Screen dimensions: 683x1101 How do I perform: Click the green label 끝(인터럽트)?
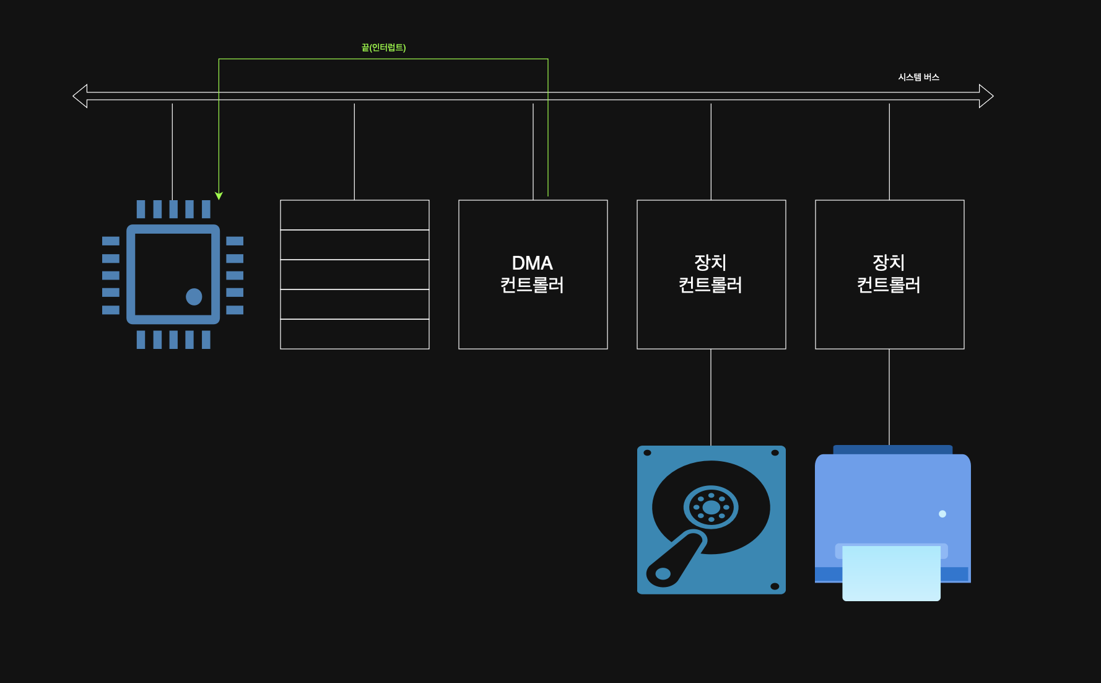point(383,48)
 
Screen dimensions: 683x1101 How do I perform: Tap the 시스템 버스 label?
point(918,77)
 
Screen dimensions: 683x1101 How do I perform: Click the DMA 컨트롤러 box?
point(533,310)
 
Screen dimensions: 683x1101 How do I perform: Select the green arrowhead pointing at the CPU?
point(219,196)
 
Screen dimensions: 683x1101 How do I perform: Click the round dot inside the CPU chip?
point(194,297)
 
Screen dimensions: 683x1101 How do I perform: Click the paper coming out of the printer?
point(891,573)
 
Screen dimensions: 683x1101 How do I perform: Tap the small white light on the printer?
point(942,514)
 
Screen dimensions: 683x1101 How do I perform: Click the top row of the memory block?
point(354,215)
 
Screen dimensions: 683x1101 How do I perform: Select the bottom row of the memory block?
point(354,334)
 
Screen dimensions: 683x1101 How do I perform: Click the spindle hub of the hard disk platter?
point(711,508)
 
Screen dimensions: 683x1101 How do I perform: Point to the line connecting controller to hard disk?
point(711,397)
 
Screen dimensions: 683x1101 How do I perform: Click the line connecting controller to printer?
point(889,397)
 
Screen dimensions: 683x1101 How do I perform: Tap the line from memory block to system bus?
point(354,152)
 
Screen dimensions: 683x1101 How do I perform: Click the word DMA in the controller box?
point(532,263)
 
